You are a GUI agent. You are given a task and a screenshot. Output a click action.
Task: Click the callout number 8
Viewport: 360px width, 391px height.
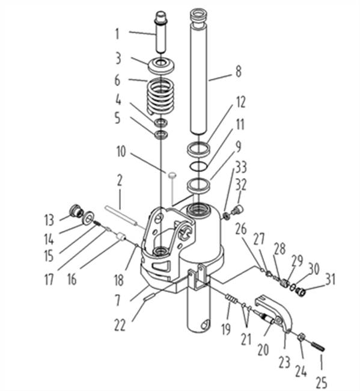[239, 72]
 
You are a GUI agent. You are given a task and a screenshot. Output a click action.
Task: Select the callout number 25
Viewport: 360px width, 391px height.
[322, 382]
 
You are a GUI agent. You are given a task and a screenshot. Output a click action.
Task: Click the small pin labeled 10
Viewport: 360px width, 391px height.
[172, 175]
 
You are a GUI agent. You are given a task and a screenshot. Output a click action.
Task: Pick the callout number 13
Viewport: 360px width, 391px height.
[49, 220]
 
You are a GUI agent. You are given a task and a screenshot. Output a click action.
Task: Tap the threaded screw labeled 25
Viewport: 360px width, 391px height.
[318, 346]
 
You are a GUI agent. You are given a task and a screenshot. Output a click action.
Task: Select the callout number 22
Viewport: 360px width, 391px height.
[120, 325]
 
